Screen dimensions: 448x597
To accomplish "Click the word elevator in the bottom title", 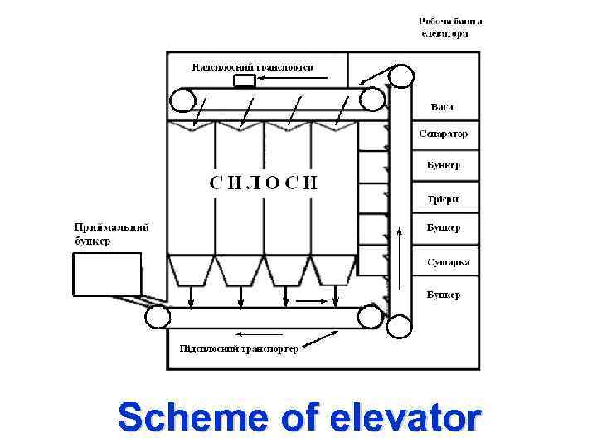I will point(405,417).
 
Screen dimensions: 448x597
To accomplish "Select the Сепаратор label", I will point(443,134).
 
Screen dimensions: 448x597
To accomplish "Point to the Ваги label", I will point(442,108).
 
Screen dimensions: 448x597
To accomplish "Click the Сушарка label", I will point(448,262).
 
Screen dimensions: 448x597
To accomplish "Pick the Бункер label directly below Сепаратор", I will point(444,165).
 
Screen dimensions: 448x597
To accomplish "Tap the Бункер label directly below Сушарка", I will point(444,295).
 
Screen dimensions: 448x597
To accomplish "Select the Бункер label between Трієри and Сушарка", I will point(444,227).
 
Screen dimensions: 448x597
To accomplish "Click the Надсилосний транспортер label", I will point(252,66).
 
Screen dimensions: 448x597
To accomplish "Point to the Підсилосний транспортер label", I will point(239,348).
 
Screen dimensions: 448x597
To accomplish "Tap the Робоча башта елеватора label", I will point(449,27).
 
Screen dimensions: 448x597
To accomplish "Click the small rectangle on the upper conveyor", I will point(245,80).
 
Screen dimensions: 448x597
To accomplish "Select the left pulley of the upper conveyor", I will point(182,100).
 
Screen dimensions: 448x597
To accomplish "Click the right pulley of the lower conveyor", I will point(370,317).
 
